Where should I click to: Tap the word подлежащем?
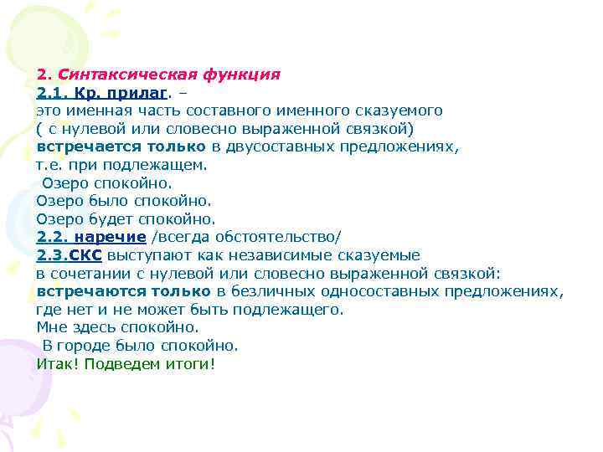[x=160, y=165]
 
